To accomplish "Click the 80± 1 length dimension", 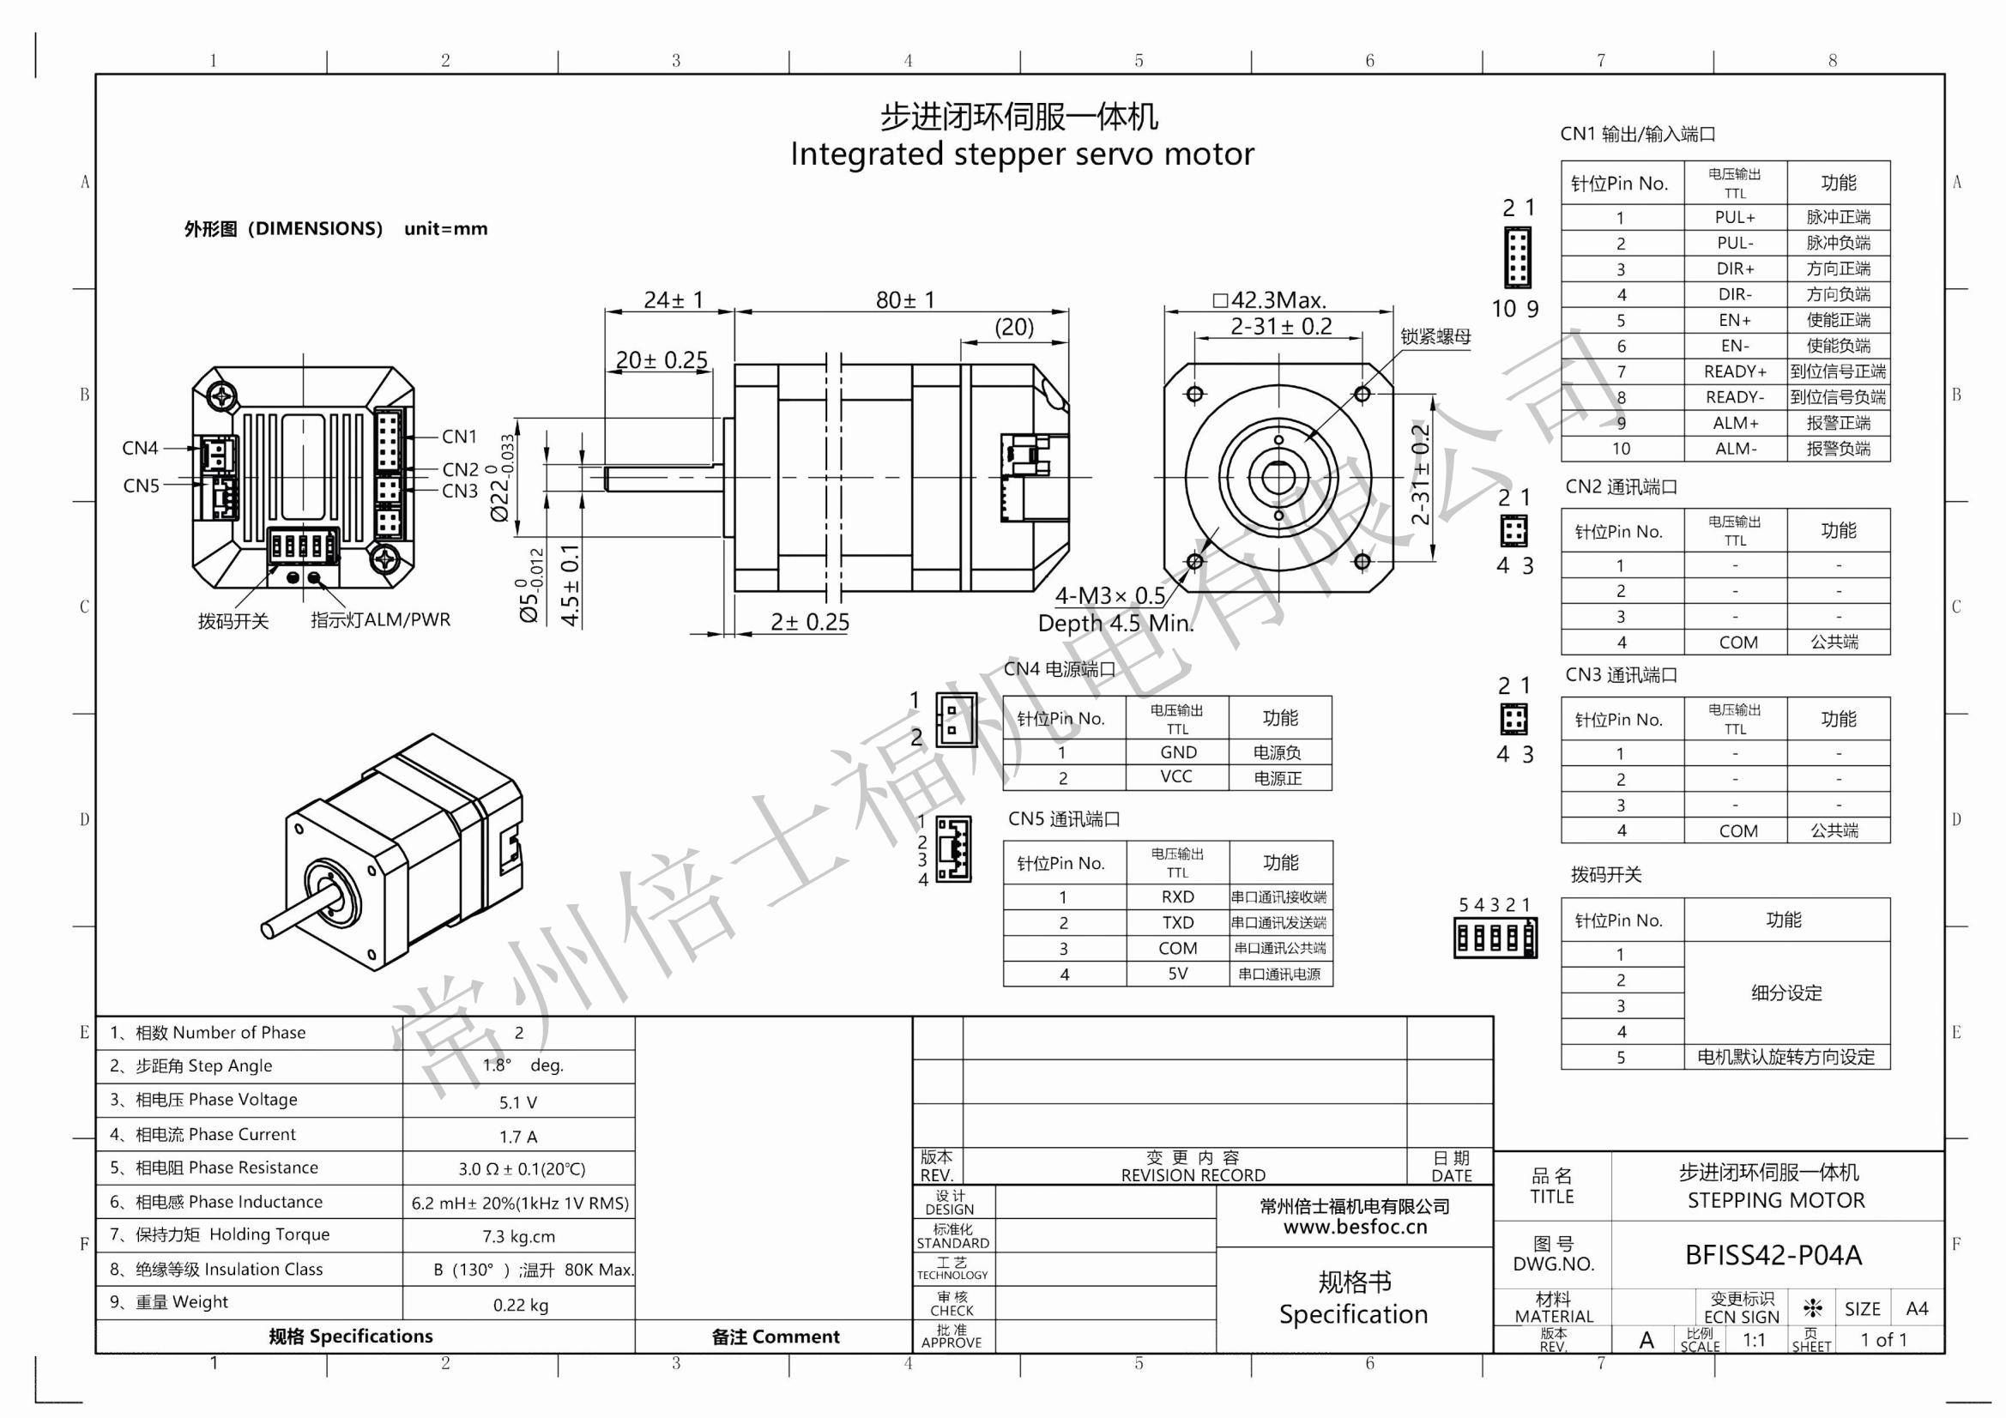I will click(x=905, y=300).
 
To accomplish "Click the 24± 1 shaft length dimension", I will click(x=673, y=300).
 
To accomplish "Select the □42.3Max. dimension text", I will click(x=1270, y=300).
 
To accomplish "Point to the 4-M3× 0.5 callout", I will click(x=1109, y=596).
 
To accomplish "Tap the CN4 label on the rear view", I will click(x=140, y=448).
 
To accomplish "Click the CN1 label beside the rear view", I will click(x=460, y=437).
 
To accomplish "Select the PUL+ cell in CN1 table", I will click(x=1734, y=218).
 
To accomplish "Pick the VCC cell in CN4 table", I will click(x=1176, y=776).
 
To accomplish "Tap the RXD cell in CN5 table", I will click(x=1177, y=897).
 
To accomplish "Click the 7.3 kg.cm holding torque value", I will click(x=518, y=1236).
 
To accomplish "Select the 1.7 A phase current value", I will click(x=518, y=1137).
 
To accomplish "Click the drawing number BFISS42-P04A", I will click(x=1773, y=1256).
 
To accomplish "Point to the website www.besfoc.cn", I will click(x=1354, y=1228).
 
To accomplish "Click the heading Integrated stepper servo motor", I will click(x=1021, y=154).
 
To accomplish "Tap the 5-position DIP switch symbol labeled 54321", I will click(x=1494, y=938).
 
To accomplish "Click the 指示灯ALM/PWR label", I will click(x=380, y=620).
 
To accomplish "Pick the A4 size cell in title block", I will click(x=1916, y=1309).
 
